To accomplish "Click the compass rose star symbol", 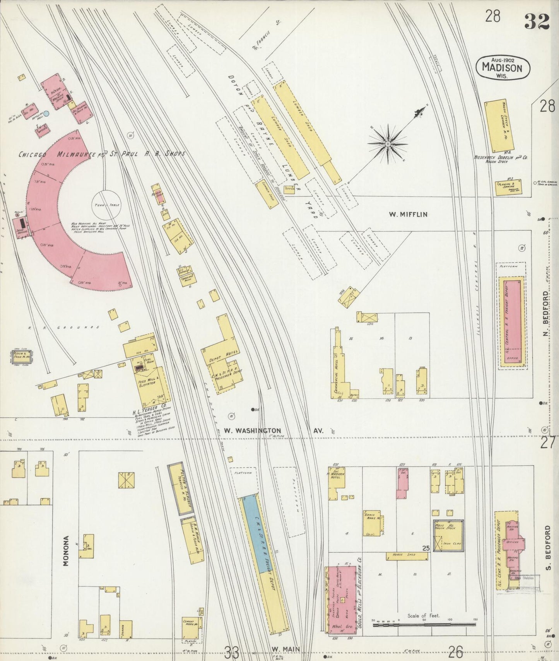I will [x=387, y=144].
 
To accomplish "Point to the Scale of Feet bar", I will [x=424, y=624].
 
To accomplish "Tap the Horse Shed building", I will [x=407, y=556].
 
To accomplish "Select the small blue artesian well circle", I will [x=46, y=114].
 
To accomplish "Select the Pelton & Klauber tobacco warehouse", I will [x=180, y=489].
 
